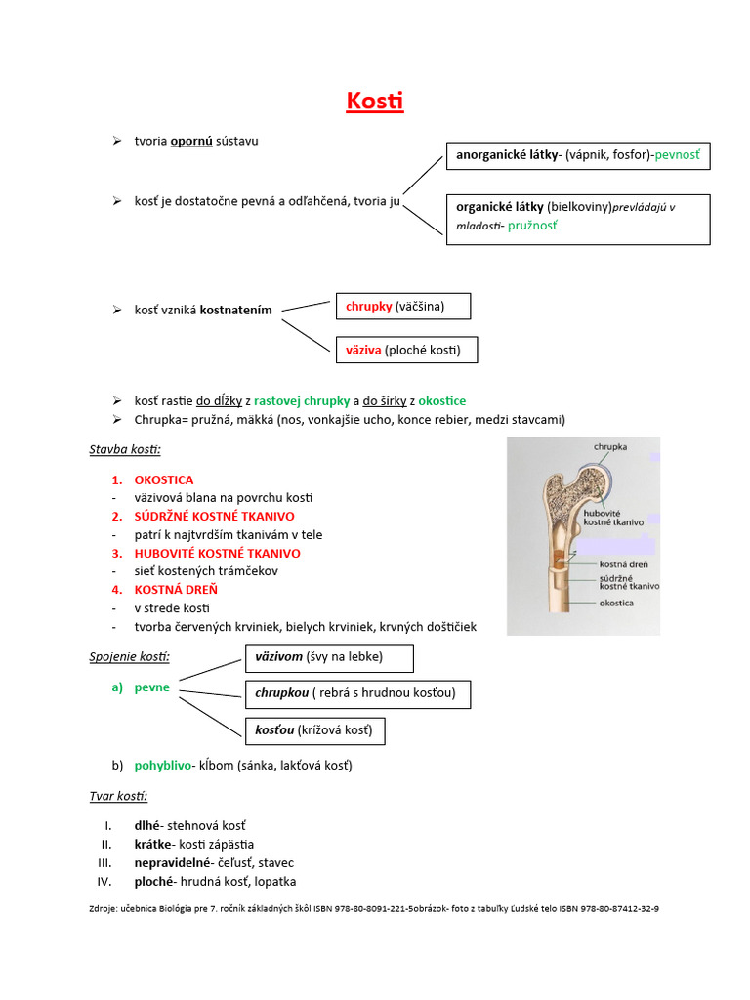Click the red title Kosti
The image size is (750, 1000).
[x=375, y=102]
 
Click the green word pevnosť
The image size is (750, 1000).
[x=679, y=154]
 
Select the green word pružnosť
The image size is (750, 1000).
[x=533, y=226]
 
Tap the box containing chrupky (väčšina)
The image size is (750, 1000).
[x=402, y=307]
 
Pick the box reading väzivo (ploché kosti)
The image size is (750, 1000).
[x=406, y=350]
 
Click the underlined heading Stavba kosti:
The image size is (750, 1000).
[x=125, y=450]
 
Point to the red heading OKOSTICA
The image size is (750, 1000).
[x=164, y=479]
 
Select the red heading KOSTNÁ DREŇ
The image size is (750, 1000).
[x=176, y=589]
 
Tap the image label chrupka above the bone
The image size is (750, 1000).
[x=610, y=448]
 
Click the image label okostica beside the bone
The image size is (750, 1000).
[x=616, y=604]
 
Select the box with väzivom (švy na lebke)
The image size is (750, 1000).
[x=329, y=657]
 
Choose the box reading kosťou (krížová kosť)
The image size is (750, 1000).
[x=313, y=730]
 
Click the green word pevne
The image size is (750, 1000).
[x=151, y=687]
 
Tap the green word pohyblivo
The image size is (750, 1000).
[x=163, y=766]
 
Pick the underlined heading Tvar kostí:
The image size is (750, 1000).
[x=117, y=797]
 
